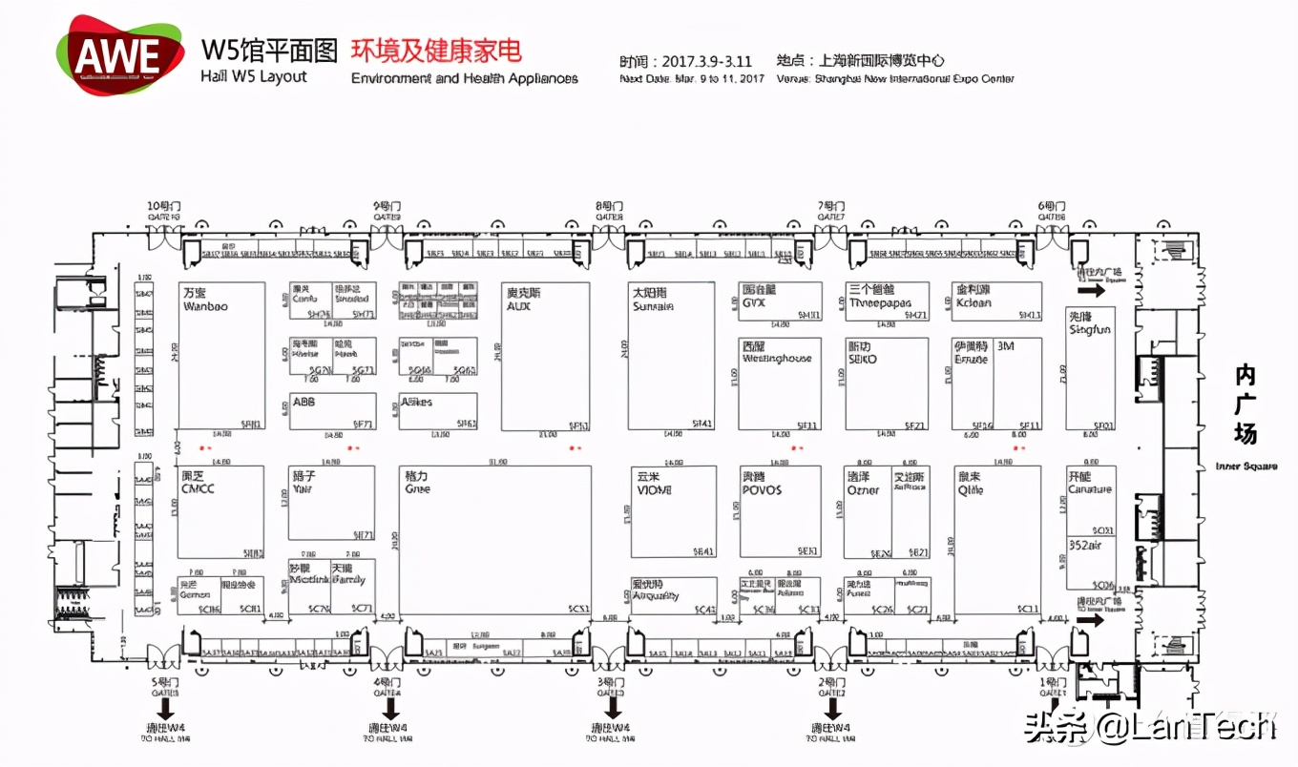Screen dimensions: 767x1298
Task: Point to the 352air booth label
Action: tap(1085, 546)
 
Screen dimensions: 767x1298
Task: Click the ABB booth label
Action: tap(304, 403)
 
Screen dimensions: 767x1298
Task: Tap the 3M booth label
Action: tap(1005, 346)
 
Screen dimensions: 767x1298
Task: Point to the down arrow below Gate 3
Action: tap(613, 709)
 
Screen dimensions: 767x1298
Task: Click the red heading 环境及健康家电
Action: tap(436, 51)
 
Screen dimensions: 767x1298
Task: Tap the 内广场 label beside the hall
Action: tap(1246, 404)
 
